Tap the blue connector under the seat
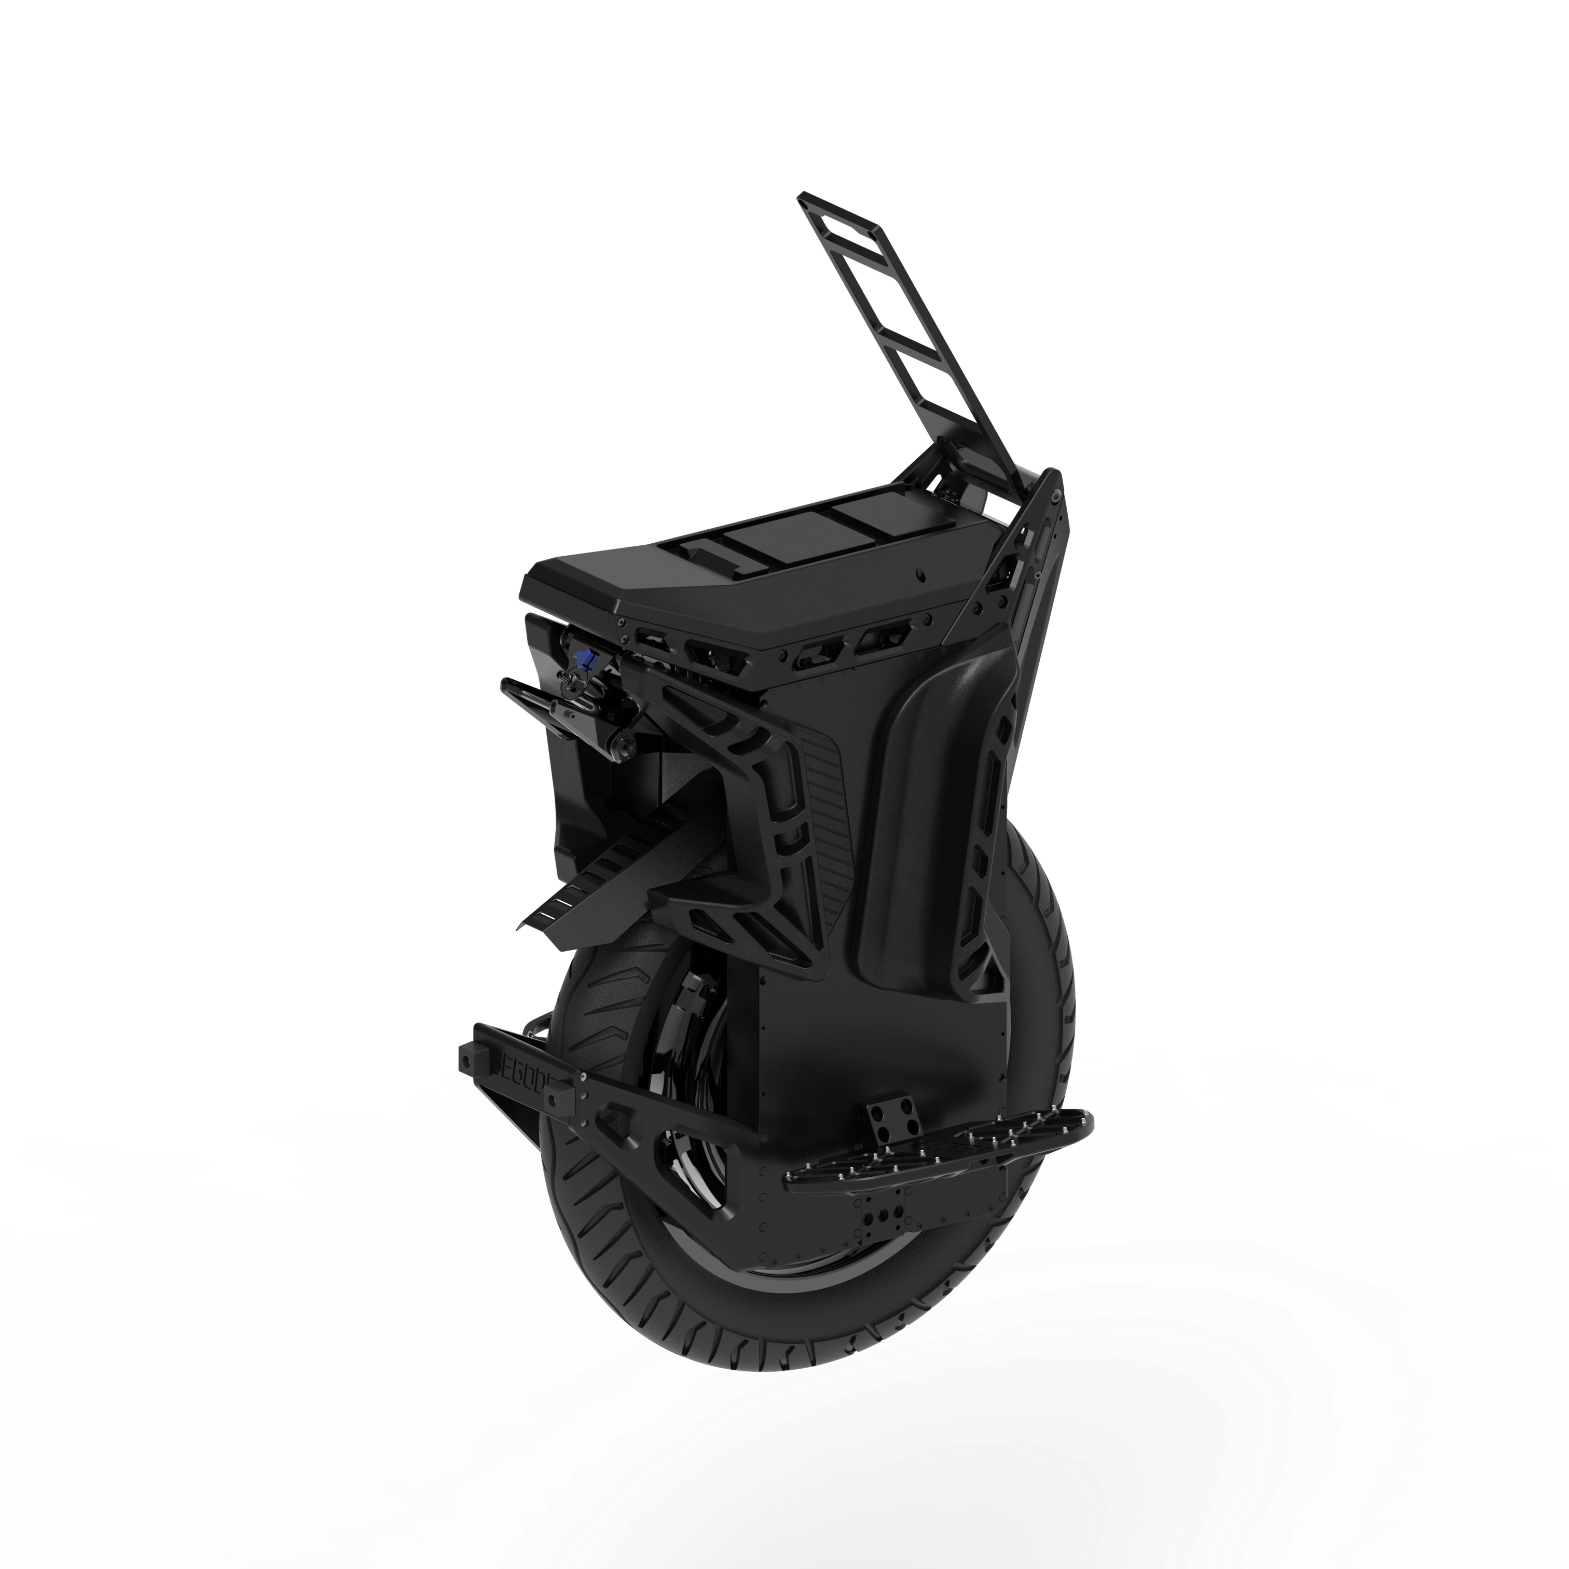(x=582, y=657)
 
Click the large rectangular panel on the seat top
(x=763, y=548)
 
